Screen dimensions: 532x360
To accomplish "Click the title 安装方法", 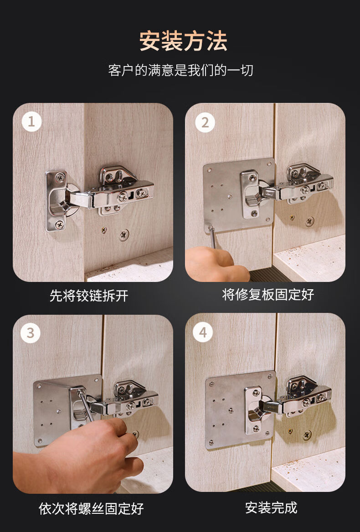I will [x=183, y=41].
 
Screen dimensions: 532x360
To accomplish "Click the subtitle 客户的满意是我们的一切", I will [x=180, y=71].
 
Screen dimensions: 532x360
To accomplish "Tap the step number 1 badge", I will [x=31, y=122].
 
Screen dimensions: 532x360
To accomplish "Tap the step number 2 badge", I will [x=205, y=122].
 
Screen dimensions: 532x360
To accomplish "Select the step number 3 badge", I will [x=31, y=333].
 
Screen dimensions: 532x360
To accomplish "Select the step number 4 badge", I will [x=203, y=333].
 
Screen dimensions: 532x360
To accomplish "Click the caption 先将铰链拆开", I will [x=89, y=296].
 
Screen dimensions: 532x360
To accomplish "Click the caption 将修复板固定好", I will [x=268, y=294].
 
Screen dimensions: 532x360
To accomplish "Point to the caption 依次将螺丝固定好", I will [x=91, y=508].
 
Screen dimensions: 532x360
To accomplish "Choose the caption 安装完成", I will [x=271, y=507].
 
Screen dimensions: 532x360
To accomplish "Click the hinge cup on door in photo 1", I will [x=57, y=200].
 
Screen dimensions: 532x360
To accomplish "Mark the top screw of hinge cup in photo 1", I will [x=60, y=176].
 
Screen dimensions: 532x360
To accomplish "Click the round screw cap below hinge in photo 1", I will [x=123, y=235].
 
